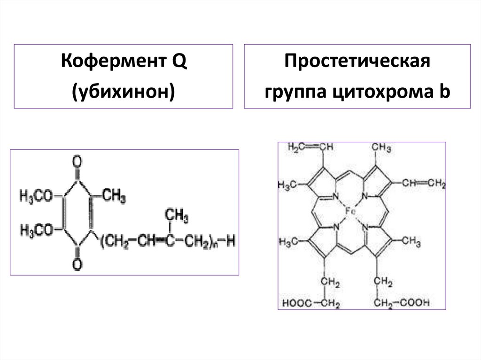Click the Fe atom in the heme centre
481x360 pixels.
[350, 211]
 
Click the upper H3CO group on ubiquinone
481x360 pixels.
[37, 195]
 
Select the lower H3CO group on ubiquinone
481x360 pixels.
[37, 230]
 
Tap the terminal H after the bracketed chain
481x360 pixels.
[230, 242]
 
